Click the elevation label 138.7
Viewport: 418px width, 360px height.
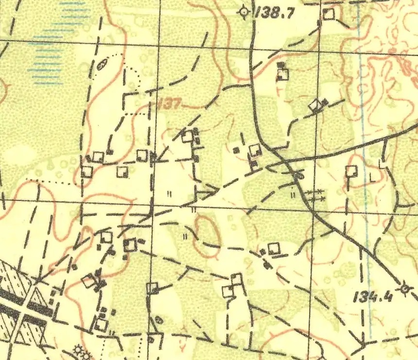tap(275, 13)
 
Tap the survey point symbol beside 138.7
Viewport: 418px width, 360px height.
tap(244, 12)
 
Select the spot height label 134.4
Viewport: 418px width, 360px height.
tap(373, 296)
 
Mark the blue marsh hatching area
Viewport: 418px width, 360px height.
tap(53, 44)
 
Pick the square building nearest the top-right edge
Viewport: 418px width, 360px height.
tap(330, 14)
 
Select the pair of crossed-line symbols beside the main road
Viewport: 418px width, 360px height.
tap(316, 195)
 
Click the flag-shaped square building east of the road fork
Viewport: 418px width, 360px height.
tap(351, 171)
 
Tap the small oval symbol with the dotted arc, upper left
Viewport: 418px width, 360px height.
tap(102, 65)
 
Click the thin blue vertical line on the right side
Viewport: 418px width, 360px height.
tap(364, 170)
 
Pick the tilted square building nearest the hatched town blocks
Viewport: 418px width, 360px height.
tap(88, 281)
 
